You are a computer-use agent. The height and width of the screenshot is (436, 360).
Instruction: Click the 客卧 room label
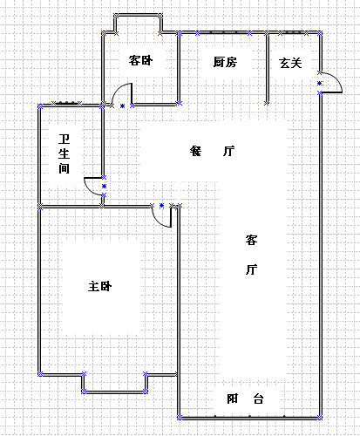click(140, 60)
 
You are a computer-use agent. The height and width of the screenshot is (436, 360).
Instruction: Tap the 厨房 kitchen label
click(225, 62)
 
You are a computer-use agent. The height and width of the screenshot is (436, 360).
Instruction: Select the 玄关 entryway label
click(290, 63)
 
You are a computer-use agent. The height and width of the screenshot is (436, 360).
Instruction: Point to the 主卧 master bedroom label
click(100, 287)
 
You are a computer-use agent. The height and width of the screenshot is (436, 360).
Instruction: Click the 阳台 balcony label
click(245, 399)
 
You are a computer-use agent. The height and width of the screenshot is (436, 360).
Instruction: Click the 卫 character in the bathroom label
click(65, 140)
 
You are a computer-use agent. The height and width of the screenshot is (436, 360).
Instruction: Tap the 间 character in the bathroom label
click(65, 168)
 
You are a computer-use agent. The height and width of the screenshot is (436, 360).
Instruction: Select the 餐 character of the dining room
click(195, 151)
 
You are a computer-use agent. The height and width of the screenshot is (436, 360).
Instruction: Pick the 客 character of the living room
click(251, 240)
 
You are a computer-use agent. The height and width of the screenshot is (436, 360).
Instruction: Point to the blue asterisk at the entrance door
click(320, 83)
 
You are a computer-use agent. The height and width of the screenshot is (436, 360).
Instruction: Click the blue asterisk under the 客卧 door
click(122, 106)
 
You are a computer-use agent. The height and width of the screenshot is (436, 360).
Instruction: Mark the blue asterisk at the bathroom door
click(104, 186)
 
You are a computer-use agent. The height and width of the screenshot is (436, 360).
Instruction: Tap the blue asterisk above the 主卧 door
click(161, 206)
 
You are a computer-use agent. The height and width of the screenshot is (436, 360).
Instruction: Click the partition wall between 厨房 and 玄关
click(267, 68)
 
